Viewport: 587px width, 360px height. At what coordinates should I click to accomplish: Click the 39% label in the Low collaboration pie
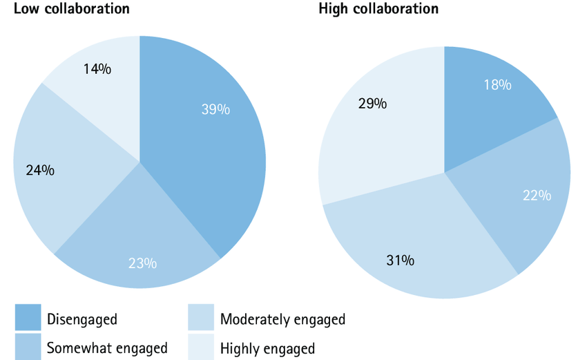pyautogui.click(x=215, y=109)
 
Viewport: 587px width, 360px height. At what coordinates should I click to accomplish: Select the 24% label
pyautogui.click(x=40, y=170)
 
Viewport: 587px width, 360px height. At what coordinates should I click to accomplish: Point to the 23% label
pyautogui.click(x=142, y=263)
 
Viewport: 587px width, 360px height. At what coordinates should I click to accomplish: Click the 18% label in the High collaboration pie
pyautogui.click(x=497, y=85)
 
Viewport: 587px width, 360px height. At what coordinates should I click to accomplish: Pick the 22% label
pyautogui.click(x=537, y=196)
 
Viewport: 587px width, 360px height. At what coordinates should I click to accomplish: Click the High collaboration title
pyautogui.click(x=378, y=9)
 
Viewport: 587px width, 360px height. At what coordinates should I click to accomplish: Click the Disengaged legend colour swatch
pyautogui.click(x=28, y=318)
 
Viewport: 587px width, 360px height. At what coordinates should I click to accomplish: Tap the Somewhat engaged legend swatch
pyautogui.click(x=28, y=346)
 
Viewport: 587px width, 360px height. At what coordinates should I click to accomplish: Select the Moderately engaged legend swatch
pyautogui.click(x=201, y=318)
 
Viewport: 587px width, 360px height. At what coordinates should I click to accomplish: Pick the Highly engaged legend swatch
pyautogui.click(x=201, y=346)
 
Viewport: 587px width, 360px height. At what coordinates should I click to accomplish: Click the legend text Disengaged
pyautogui.click(x=81, y=319)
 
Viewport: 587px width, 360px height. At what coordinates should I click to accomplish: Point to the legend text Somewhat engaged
pyautogui.click(x=106, y=348)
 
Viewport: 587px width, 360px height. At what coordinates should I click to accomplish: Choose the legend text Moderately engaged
pyautogui.click(x=282, y=319)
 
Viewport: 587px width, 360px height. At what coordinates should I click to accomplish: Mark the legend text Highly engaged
pyautogui.click(x=267, y=348)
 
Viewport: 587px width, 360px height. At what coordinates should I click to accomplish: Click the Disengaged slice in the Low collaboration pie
pyautogui.click(x=207, y=159)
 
